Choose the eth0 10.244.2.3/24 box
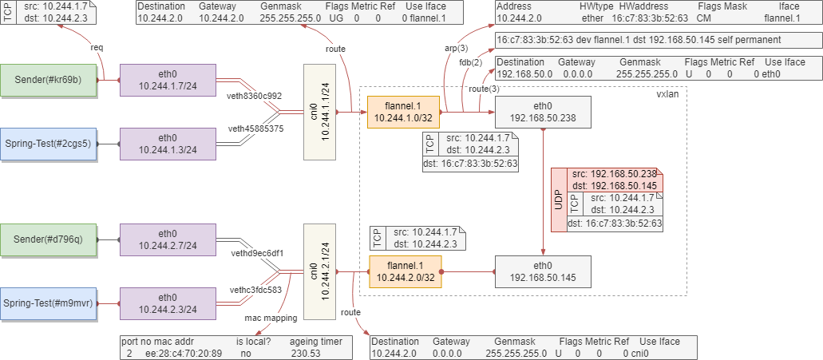[167, 303]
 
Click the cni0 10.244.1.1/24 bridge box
[321, 112]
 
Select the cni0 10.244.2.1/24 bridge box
[321, 271]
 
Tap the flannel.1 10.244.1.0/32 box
[403, 112]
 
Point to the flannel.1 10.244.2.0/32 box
[405, 271]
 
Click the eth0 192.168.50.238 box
[543, 112]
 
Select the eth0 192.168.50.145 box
[543, 271]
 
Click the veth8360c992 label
[255, 97]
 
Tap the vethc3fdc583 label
[255, 290]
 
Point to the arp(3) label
[456, 49]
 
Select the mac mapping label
[271, 318]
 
